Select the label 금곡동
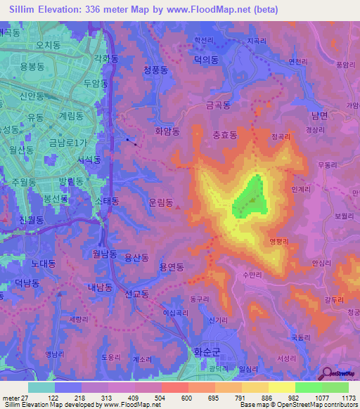click(x=218, y=105)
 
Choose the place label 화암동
click(x=167, y=131)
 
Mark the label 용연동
click(x=172, y=267)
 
